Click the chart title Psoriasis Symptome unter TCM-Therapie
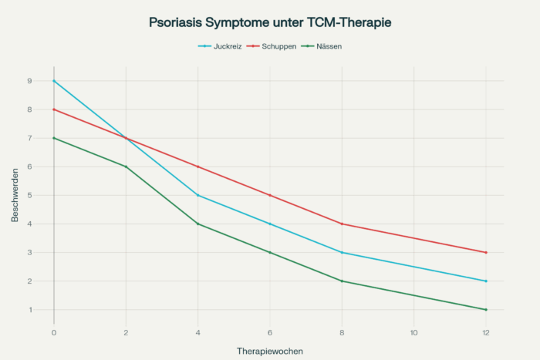tap(270, 23)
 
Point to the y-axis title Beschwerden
tap(15, 195)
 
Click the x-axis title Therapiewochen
tap(270, 351)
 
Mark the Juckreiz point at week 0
tap(54, 81)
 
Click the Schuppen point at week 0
tap(54, 109)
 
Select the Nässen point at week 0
tap(54, 138)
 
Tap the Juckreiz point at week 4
tap(198, 195)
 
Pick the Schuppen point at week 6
tap(270, 195)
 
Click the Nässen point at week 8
tap(342, 281)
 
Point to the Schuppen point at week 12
tap(486, 252)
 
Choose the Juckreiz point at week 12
tap(486, 281)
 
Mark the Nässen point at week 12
tap(486, 309)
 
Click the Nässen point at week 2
tap(126, 167)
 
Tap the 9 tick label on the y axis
tap(29, 81)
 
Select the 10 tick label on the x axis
tap(414, 332)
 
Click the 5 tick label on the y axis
tap(29, 195)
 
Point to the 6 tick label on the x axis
tap(270, 332)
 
